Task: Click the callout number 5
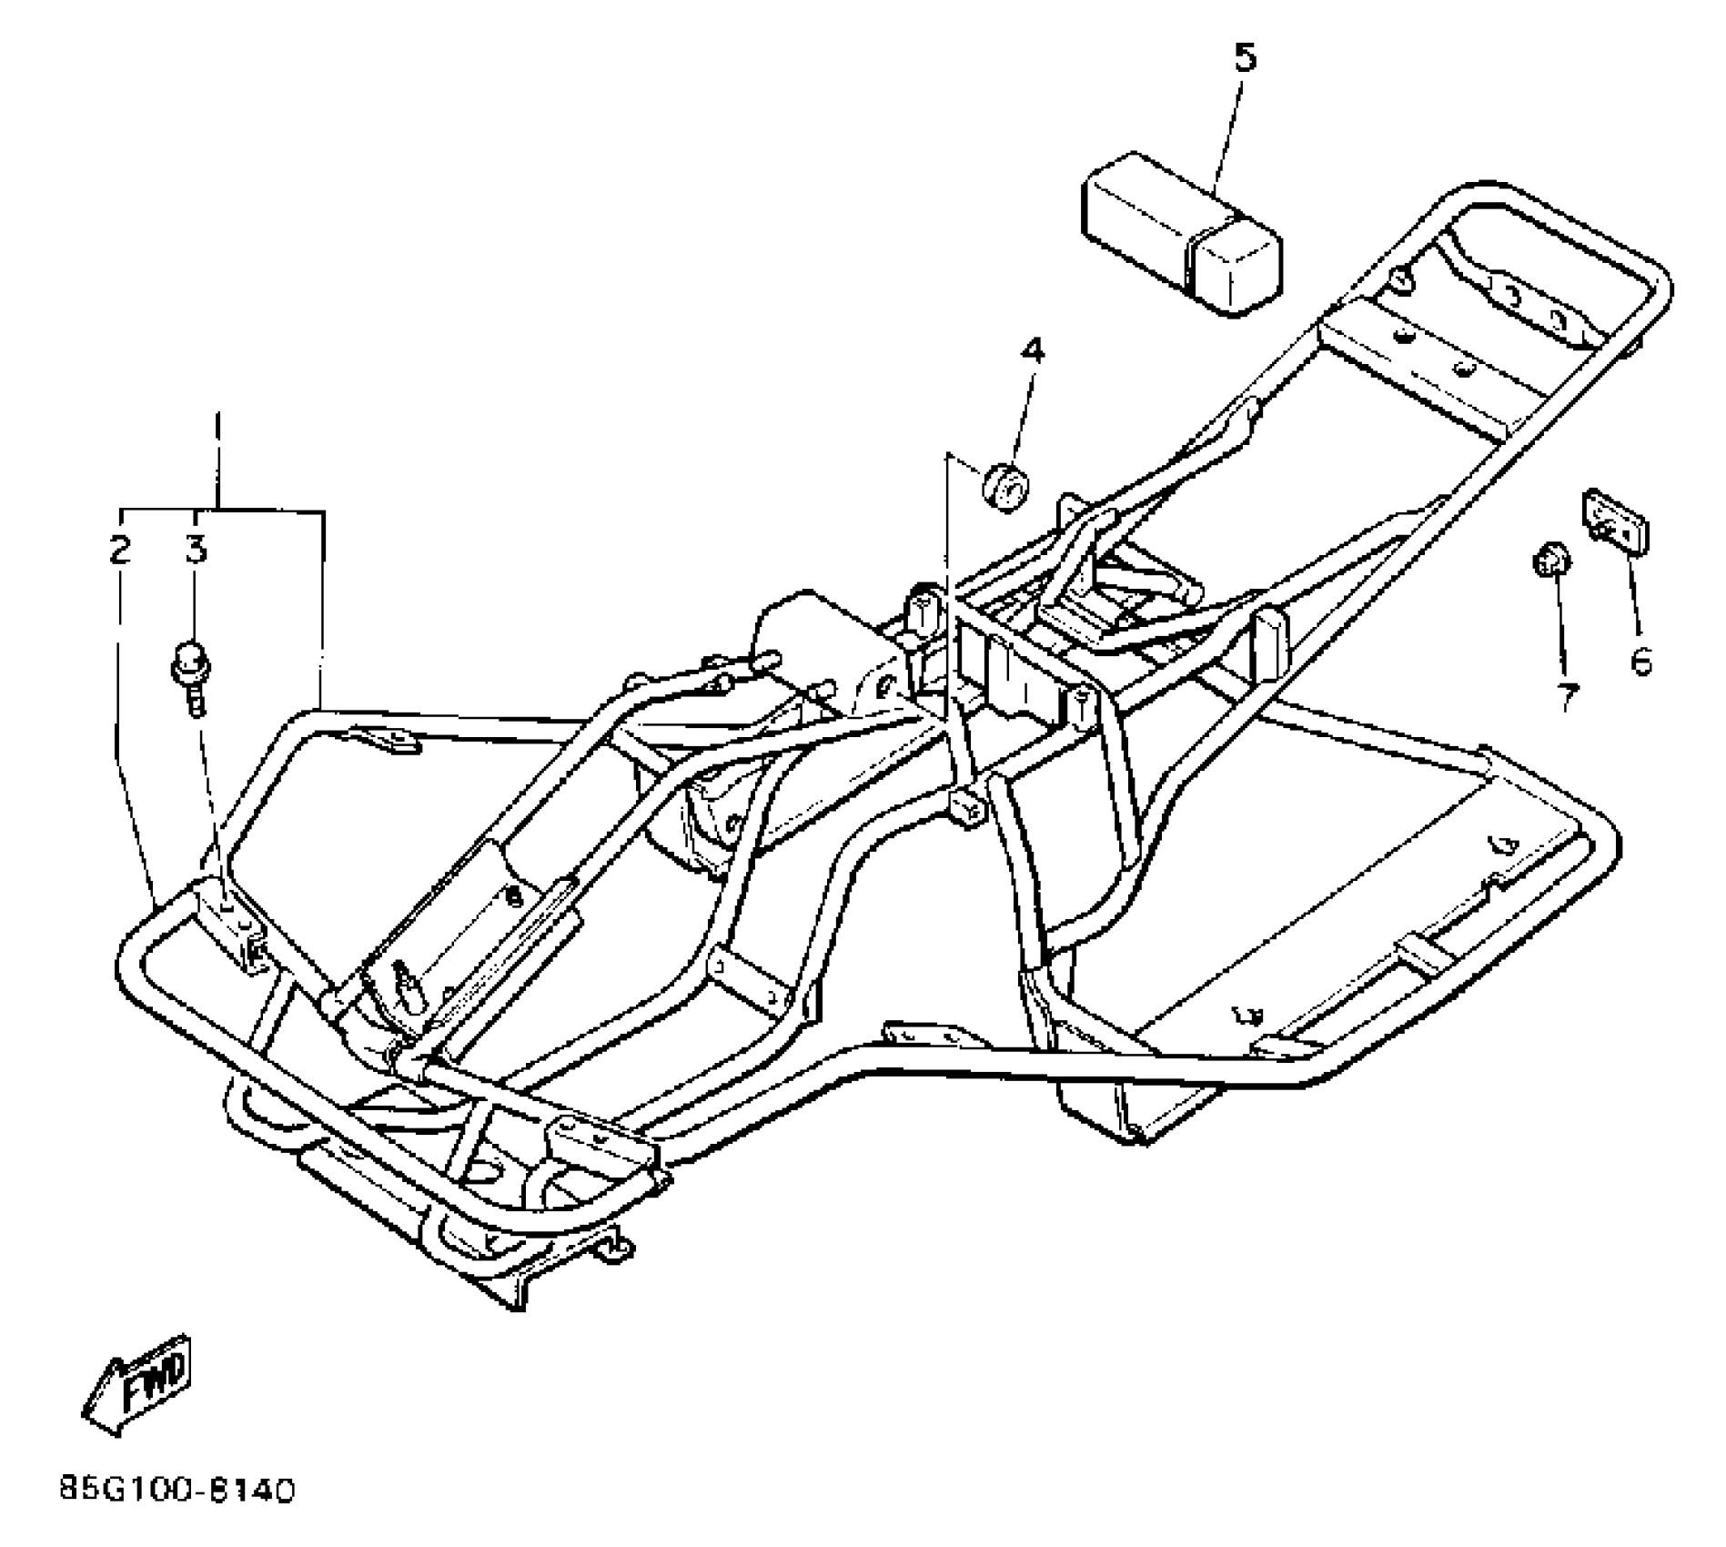coord(1245,58)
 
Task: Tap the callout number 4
coord(1032,350)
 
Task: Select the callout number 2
coord(119,550)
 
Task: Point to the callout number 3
coord(197,550)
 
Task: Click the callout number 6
coord(1640,662)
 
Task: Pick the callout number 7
coord(1566,697)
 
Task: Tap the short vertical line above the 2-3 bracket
coord(217,460)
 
